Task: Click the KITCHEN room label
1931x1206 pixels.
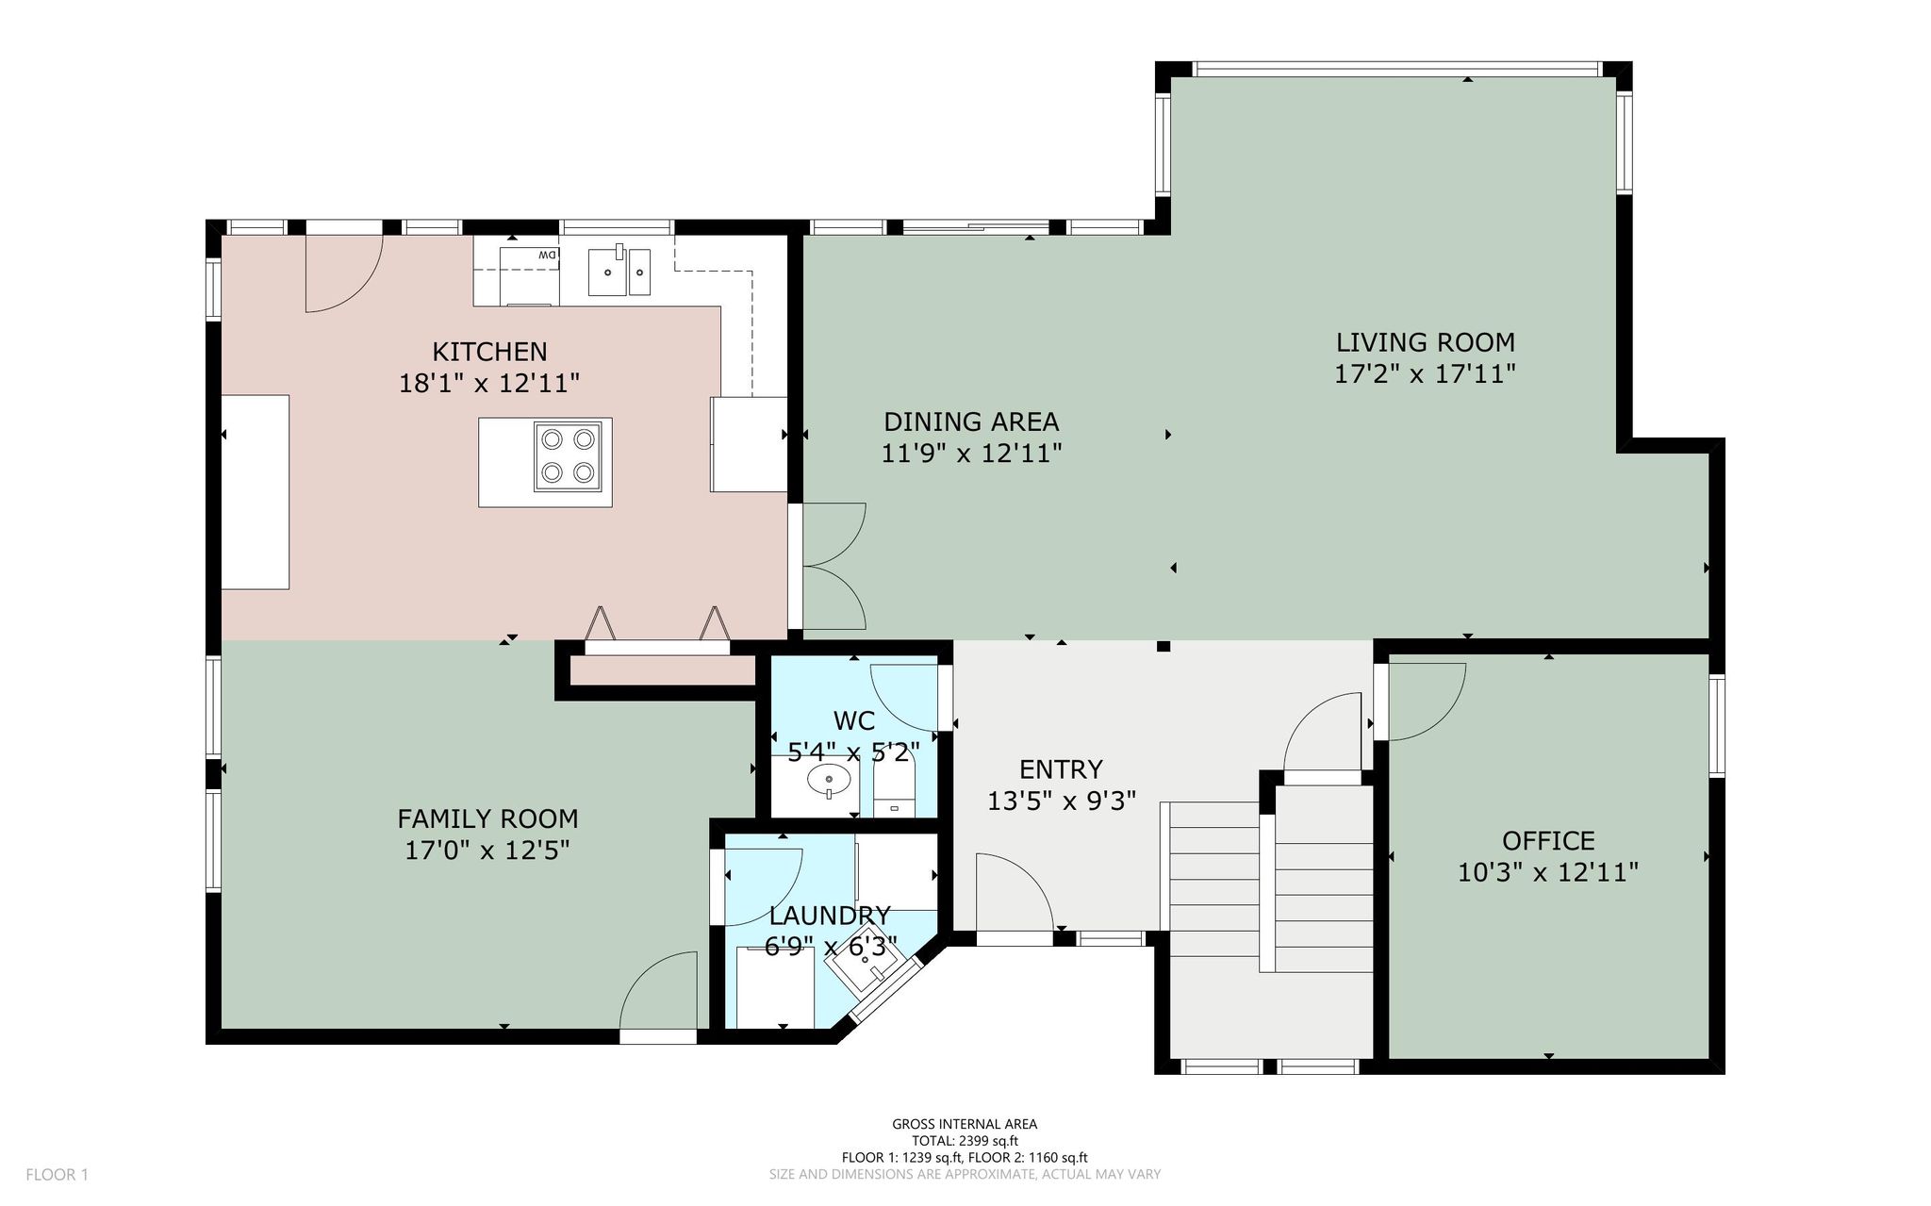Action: pyautogui.click(x=489, y=352)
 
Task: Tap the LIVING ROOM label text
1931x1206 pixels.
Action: pyautogui.click(x=1425, y=342)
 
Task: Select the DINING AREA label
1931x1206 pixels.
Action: pyautogui.click(x=971, y=421)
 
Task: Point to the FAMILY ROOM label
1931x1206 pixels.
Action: pyautogui.click(x=487, y=818)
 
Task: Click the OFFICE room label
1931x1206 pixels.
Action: pyautogui.click(x=1548, y=840)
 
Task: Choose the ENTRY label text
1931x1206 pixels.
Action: pyautogui.click(x=1061, y=769)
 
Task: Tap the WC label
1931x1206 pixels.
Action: pyautogui.click(x=854, y=721)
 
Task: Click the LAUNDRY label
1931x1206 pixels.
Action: pyautogui.click(x=830, y=916)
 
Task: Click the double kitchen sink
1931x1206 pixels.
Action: pyautogui.click(x=619, y=271)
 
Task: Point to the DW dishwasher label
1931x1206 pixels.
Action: pyautogui.click(x=547, y=255)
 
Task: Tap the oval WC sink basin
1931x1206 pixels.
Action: pyautogui.click(x=830, y=779)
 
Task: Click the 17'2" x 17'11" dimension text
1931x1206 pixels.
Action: pyautogui.click(x=1425, y=374)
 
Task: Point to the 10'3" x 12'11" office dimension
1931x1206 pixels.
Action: pyautogui.click(x=1548, y=872)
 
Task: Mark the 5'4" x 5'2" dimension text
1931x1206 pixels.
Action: pyautogui.click(x=854, y=752)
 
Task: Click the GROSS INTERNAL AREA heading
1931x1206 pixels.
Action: pyautogui.click(x=965, y=1124)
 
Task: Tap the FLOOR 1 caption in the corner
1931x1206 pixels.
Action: pyautogui.click(x=57, y=1175)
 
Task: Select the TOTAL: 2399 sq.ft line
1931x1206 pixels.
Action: pyautogui.click(x=965, y=1141)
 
